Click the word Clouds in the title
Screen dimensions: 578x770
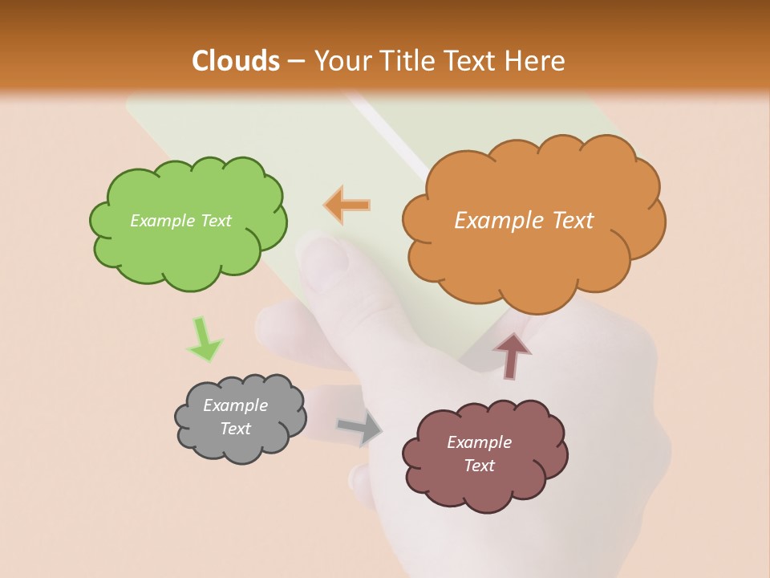(236, 61)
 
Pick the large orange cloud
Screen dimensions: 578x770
(529, 257)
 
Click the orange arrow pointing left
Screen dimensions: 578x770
(347, 206)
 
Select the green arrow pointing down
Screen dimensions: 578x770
(204, 339)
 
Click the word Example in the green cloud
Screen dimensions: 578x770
(161, 221)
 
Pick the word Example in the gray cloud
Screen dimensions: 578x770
(236, 405)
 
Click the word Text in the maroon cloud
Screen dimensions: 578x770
(479, 466)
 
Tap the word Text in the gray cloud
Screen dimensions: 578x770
(236, 429)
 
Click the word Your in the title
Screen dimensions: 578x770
(337, 61)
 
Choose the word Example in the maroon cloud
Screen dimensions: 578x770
(479, 442)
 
